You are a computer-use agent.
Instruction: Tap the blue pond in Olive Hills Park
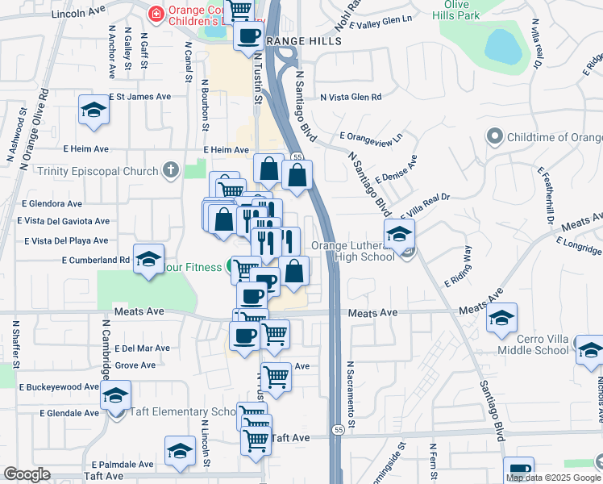click(504, 46)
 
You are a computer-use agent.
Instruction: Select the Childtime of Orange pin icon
click(495, 137)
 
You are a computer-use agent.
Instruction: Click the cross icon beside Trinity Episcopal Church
click(169, 170)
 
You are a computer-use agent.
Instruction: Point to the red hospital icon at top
click(156, 14)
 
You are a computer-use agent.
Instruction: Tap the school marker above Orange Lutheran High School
click(399, 235)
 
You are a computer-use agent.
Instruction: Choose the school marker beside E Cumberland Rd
click(148, 259)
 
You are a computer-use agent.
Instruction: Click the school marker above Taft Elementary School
click(116, 396)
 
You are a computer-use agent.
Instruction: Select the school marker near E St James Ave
click(94, 111)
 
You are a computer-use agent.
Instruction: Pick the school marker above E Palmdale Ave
click(180, 451)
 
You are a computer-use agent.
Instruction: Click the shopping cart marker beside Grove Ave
click(276, 376)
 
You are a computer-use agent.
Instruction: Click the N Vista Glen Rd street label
click(350, 97)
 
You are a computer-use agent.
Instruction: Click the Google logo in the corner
click(27, 474)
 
